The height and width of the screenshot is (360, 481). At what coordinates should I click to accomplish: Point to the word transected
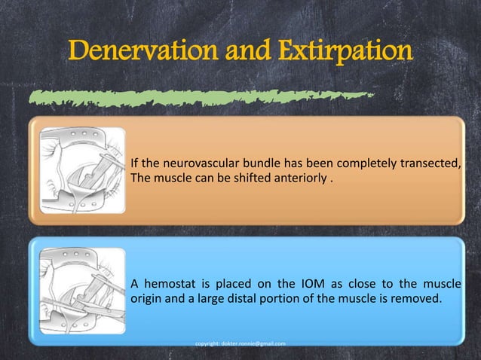pyautogui.click(x=430, y=163)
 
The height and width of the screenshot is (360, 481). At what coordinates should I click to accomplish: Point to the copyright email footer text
pyautogui.click(x=240, y=344)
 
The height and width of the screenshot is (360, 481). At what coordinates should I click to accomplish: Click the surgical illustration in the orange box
pyautogui.click(x=81, y=170)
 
